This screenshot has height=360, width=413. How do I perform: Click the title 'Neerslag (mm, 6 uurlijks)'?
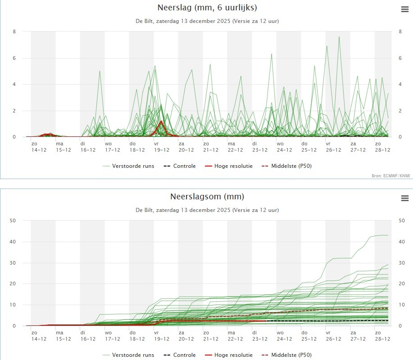pyautogui.click(x=207, y=8)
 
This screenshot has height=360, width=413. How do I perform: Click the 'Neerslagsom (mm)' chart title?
pyautogui.click(x=207, y=197)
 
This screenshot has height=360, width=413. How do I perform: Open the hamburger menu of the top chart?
pyautogui.click(x=404, y=9)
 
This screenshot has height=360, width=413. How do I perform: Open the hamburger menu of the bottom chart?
pyautogui.click(x=404, y=198)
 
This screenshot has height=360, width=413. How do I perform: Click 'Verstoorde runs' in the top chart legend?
pyautogui.click(x=134, y=166)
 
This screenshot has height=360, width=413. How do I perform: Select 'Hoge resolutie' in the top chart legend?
pyautogui.click(x=233, y=166)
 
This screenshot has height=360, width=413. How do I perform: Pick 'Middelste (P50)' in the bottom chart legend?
pyautogui.click(x=291, y=355)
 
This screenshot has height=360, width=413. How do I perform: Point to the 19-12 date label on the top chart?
pyautogui.click(x=161, y=150)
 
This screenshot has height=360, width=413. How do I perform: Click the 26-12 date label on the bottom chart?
pyautogui.click(x=333, y=339)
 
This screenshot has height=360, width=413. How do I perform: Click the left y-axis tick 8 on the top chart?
pyautogui.click(x=14, y=31)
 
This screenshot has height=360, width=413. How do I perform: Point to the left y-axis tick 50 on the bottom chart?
pyautogui.click(x=13, y=220)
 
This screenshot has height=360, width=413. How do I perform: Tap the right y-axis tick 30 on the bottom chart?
pyautogui.click(x=401, y=263)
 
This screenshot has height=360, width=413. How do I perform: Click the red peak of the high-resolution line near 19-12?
pyautogui.click(x=161, y=121)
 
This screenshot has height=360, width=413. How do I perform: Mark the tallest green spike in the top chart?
pyautogui.click(x=339, y=37)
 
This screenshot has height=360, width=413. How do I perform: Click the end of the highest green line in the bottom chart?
pyautogui.click(x=388, y=235)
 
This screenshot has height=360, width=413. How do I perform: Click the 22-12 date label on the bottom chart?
pyautogui.click(x=235, y=339)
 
